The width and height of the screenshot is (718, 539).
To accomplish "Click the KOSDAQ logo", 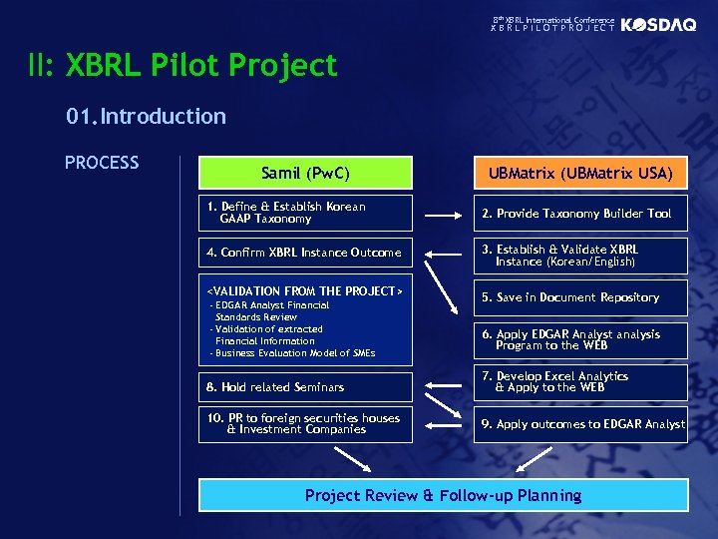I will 658,25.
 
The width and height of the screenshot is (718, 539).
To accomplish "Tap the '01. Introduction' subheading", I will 147,116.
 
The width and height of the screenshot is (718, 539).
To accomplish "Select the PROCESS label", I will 102,163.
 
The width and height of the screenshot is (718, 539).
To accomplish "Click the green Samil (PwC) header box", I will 305,173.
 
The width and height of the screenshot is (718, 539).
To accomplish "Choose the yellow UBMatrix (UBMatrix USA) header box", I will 580,174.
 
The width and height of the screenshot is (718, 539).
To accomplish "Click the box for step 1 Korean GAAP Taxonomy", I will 305,213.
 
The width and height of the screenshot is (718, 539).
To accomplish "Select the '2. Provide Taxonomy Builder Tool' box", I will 580,214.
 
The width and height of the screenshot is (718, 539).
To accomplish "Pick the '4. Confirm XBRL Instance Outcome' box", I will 305,253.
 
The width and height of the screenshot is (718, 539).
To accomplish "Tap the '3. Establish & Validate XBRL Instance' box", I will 580,256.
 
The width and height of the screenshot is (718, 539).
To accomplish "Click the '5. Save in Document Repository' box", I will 580,297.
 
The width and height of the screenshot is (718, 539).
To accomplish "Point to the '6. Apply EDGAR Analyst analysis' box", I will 580,339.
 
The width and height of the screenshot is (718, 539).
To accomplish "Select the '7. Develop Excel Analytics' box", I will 580,382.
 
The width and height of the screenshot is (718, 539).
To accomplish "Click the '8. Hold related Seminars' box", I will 305,387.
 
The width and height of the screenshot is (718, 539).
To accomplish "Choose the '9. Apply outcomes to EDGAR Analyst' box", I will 580,424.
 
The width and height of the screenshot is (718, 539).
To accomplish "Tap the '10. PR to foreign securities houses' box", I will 305,424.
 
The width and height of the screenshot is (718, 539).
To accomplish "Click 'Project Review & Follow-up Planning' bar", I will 443,496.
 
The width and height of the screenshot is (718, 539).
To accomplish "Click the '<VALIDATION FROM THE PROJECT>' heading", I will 304,290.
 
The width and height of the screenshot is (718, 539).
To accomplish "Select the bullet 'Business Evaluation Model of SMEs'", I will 292,353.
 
